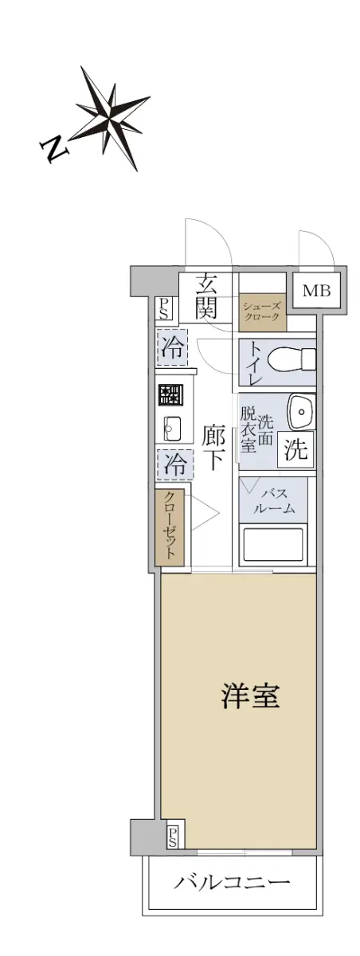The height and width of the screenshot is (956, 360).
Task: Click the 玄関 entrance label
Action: (x=207, y=296)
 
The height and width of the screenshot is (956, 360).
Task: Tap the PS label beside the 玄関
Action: (x=163, y=308)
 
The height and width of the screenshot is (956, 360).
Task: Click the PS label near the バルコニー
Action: (x=173, y=836)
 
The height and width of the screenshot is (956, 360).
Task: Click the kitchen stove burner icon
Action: (x=169, y=394)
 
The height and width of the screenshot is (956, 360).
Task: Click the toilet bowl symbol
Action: (x=291, y=360)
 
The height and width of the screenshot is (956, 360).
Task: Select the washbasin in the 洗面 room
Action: (x=301, y=413)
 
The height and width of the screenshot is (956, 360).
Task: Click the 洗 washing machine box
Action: (x=296, y=452)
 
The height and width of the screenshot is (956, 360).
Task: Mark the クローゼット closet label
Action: (x=171, y=527)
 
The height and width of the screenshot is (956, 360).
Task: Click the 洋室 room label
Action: (x=249, y=698)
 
